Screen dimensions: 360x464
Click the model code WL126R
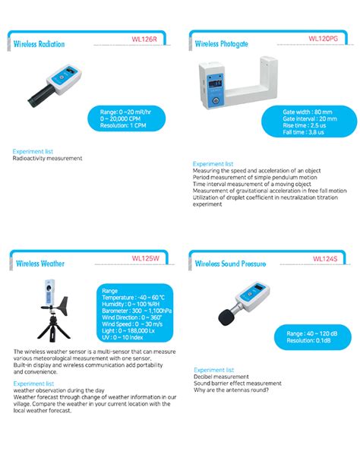[x=144, y=39]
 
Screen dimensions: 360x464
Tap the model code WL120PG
[x=324, y=38]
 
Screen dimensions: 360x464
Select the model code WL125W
[x=145, y=258]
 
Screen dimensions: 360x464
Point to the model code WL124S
[x=326, y=258]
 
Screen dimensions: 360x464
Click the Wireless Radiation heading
[x=39, y=44]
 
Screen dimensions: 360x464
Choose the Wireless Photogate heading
[x=221, y=44]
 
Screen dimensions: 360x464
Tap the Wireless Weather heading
[x=39, y=264]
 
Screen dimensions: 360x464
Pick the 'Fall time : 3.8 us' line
[x=303, y=132]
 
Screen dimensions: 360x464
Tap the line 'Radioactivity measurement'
[x=47, y=159]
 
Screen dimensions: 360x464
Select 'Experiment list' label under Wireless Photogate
[x=213, y=163]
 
